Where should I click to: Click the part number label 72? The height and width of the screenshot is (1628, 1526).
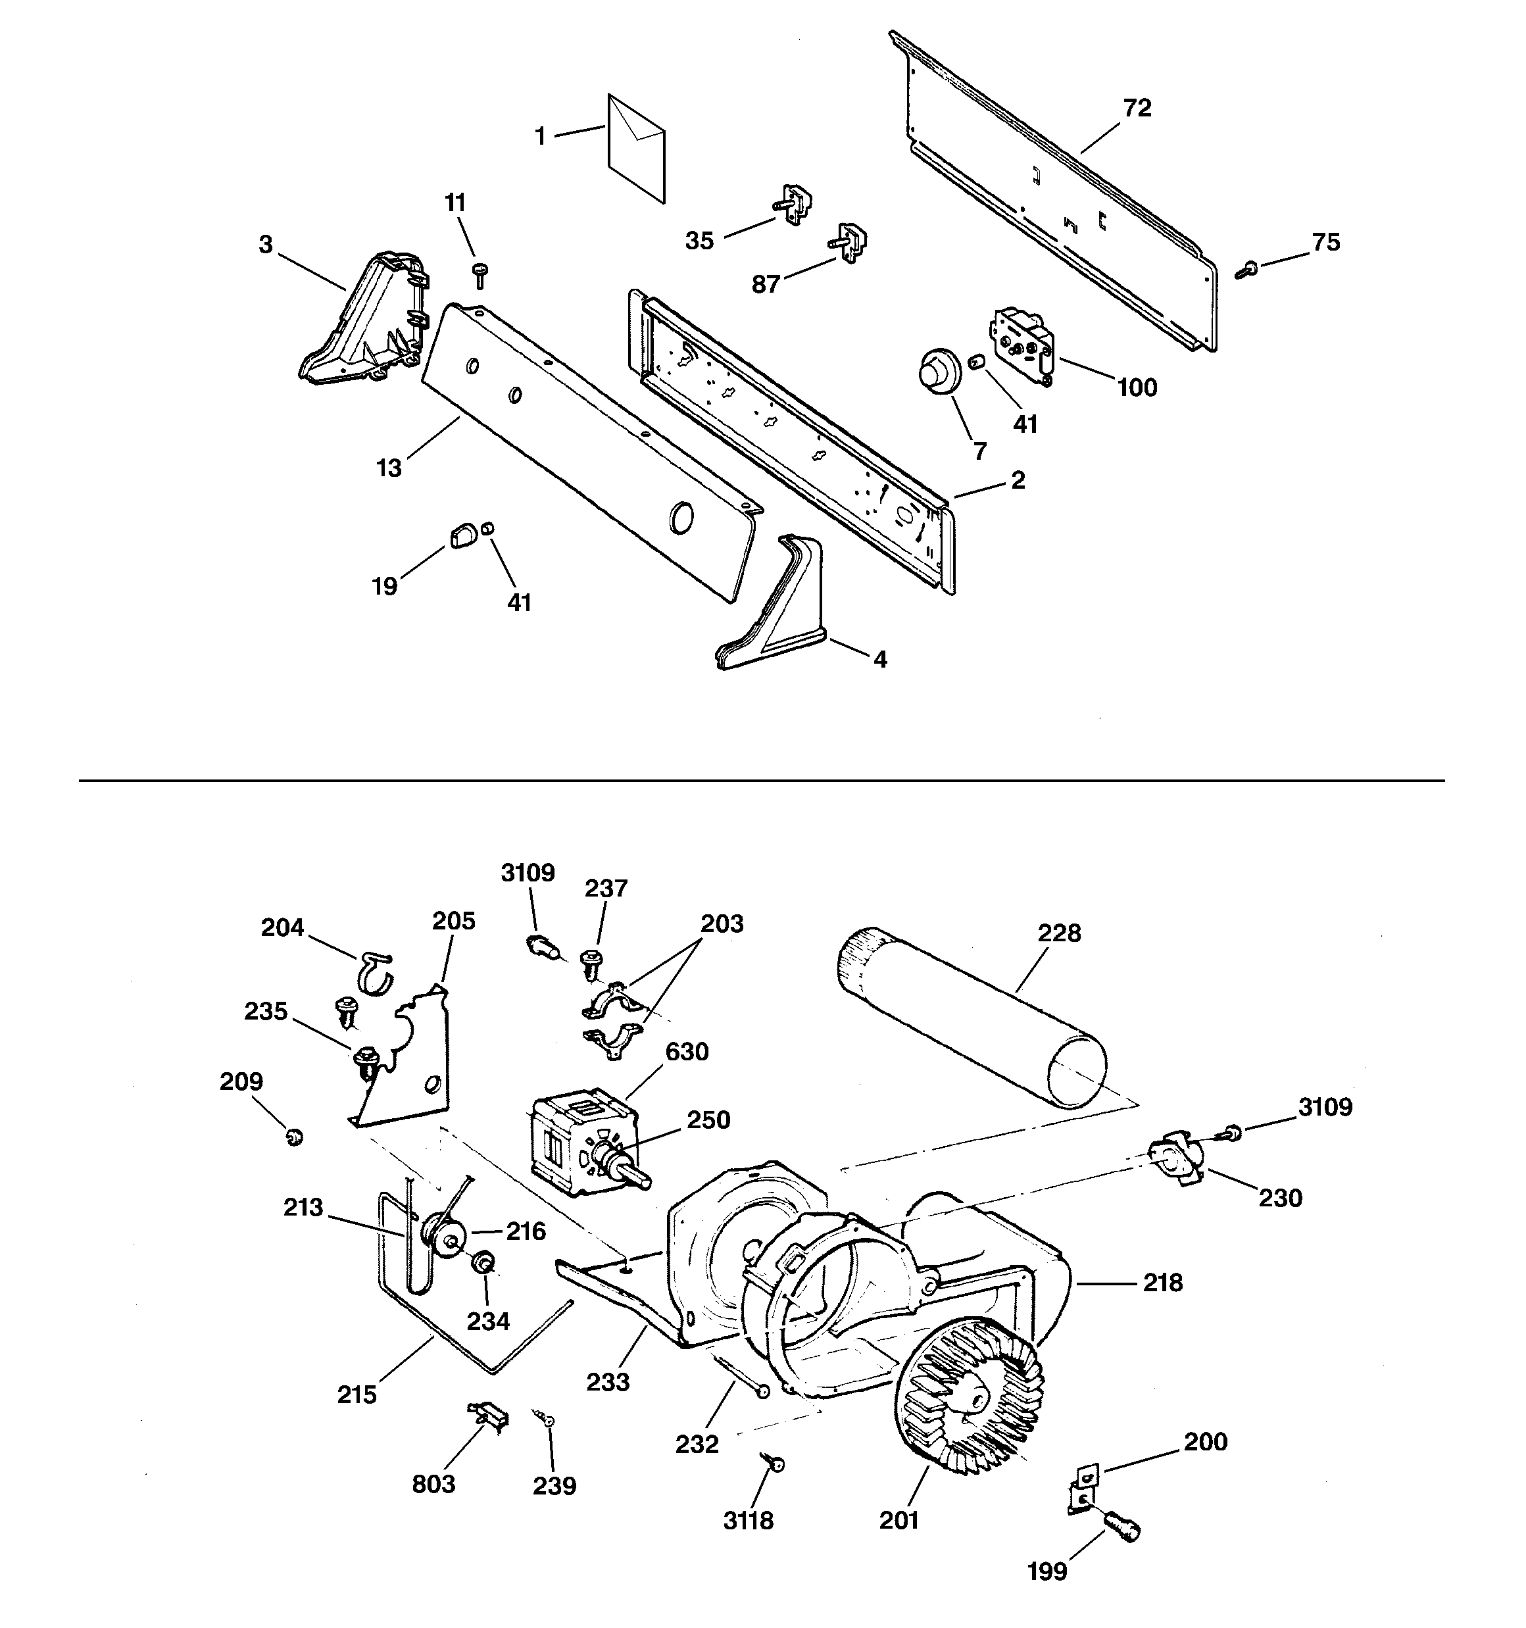click(1137, 108)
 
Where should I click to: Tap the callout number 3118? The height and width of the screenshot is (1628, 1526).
click(748, 1520)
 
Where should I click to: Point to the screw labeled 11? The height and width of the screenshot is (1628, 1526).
click(480, 274)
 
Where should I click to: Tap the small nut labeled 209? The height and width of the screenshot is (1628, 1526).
click(295, 1137)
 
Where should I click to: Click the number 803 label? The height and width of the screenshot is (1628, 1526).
click(433, 1483)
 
